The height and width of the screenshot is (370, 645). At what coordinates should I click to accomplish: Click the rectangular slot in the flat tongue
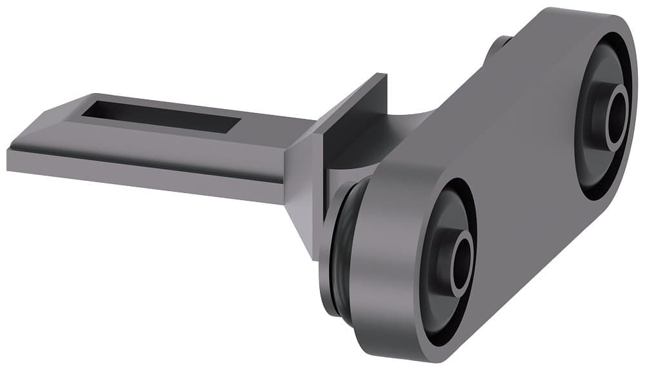pos(161,117)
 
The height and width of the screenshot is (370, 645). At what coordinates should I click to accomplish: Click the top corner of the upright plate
pos(382,76)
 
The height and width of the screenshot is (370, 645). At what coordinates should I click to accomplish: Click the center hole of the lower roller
pos(462,264)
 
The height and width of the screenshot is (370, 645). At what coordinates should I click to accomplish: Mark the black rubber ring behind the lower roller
pos(335,252)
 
